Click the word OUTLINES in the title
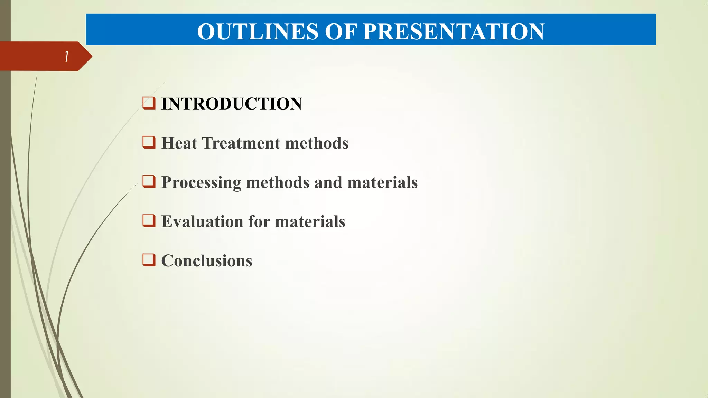click(x=258, y=31)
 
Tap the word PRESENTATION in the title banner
click(x=454, y=31)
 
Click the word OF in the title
click(x=341, y=31)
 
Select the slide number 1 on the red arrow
click(x=67, y=57)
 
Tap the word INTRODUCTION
click(x=232, y=104)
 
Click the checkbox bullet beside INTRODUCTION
click(x=149, y=103)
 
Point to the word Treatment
click(x=241, y=143)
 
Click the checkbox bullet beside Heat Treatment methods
click(x=149, y=142)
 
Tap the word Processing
click(x=201, y=183)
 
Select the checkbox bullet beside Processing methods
click(x=149, y=181)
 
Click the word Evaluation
click(x=202, y=221)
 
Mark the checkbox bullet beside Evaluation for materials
click(x=149, y=220)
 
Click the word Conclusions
click(x=207, y=261)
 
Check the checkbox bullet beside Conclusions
click(x=149, y=259)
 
